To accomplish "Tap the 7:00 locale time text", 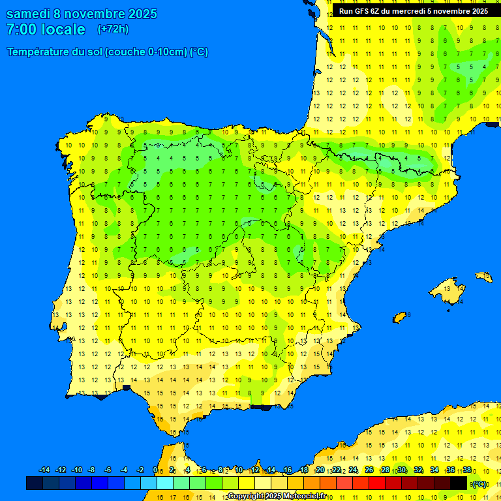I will (46, 29).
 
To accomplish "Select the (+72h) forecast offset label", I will (113, 29).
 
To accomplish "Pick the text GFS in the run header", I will (363, 11).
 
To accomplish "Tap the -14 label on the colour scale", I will (44, 470).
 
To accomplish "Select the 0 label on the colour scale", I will (155, 470).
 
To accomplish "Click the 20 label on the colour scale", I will (320, 470).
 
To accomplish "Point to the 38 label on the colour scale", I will (467, 470).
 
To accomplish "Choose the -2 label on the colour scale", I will (140, 470).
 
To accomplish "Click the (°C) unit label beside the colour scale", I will (479, 483).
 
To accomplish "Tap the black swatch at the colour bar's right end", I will (459, 483).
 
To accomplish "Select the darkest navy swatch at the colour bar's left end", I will (34, 483).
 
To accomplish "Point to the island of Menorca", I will (483, 277).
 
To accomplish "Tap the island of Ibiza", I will (400, 317).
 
